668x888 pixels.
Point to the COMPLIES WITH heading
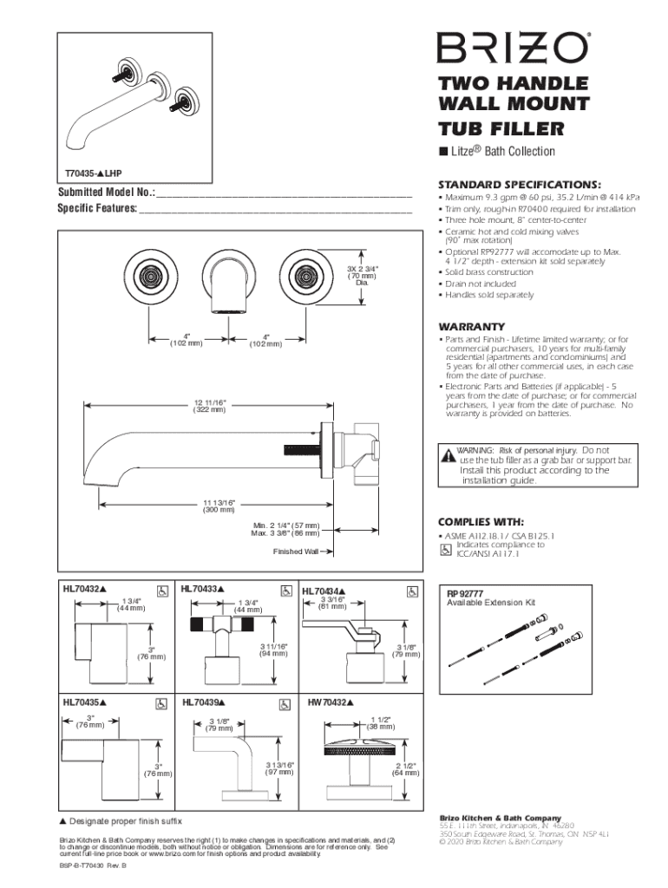(481, 521)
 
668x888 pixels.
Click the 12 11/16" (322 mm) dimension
(209, 405)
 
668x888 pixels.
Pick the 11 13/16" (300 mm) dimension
(219, 506)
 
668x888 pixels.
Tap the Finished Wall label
(296, 552)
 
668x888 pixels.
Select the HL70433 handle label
(203, 590)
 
